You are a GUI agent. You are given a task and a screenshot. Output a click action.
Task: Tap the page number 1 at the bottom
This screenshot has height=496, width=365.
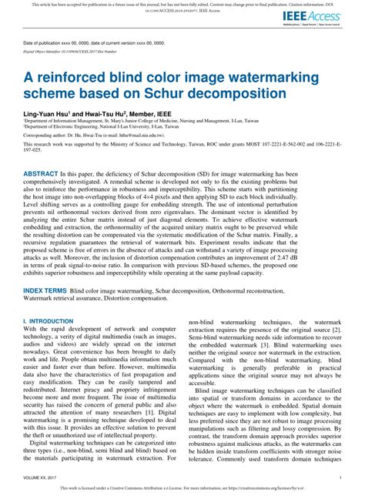coord(340,478)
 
